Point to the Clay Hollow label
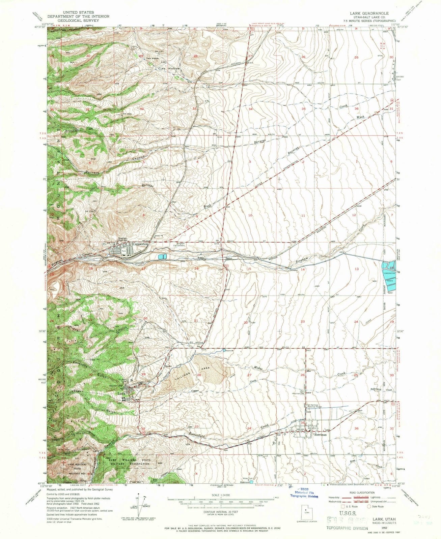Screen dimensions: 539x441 170,68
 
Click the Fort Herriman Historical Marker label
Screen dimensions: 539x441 315,406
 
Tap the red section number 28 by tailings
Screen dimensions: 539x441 199,375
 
